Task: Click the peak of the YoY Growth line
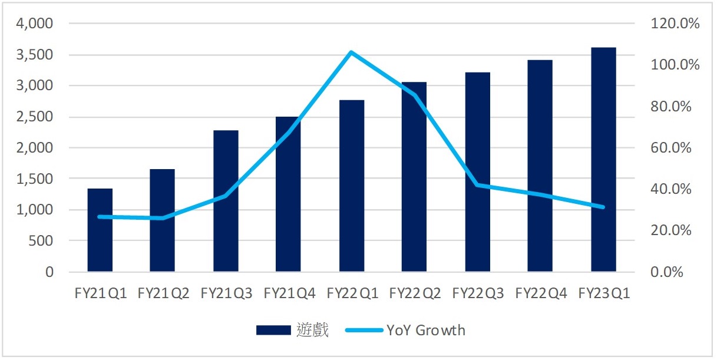351,52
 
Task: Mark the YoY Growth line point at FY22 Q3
477,185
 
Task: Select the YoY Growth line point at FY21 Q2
163,218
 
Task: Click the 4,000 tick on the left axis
36,24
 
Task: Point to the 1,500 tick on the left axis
36,179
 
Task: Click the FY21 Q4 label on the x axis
289,293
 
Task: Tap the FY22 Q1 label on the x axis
352,293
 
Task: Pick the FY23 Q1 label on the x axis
604,293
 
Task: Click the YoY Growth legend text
426,330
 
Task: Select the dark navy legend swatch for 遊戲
273,330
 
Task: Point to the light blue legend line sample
364,330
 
